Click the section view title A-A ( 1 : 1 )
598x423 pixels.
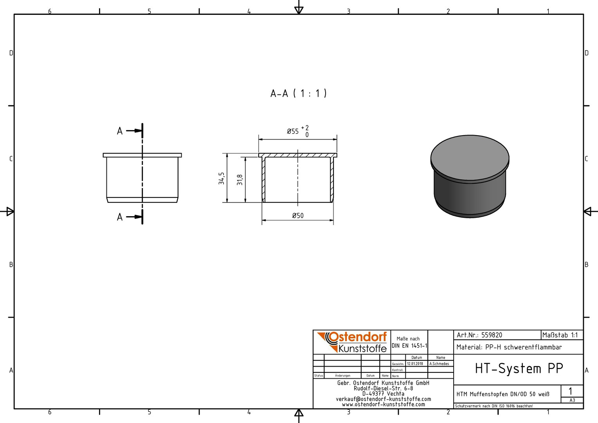(299, 94)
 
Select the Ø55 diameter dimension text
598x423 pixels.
(293, 131)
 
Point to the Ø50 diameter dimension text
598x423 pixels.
(298, 215)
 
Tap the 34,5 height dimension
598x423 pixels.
(221, 178)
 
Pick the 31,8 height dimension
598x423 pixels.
(240, 179)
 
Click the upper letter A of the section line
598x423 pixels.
(120, 131)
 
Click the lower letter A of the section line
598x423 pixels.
(120, 217)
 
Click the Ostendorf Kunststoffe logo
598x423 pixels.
(352, 342)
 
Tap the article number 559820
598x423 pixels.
(492, 335)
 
